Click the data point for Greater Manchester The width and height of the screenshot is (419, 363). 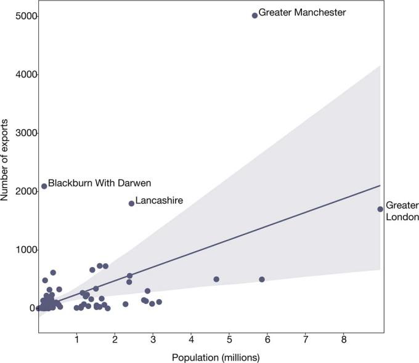point(254,15)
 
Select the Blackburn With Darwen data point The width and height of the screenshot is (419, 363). point(44,186)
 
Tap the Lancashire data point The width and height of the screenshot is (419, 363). point(131,204)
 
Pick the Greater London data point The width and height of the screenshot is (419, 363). point(380,209)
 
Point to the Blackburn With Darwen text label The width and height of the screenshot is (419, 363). point(99,183)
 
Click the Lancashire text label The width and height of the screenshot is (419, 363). point(159,201)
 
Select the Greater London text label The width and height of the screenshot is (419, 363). point(402,211)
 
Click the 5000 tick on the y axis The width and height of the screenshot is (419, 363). point(22,16)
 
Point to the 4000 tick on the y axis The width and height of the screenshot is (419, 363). point(22,74)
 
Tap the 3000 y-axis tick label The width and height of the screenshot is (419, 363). point(22,133)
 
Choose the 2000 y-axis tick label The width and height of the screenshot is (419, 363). point(22,191)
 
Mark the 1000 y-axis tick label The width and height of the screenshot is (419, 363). point(22,250)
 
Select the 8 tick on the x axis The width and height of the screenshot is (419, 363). point(344,339)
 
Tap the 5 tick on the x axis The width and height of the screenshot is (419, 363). point(229,339)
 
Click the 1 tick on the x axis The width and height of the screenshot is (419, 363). point(76,339)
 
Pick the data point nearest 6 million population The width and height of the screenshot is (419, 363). point(262,279)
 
